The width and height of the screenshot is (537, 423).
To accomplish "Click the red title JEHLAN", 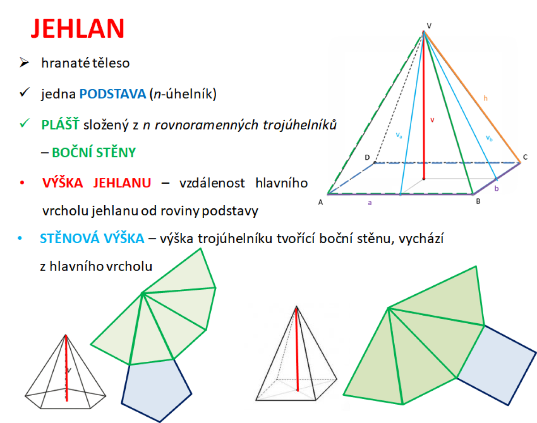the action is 77,29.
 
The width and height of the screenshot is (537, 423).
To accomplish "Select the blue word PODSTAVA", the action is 112,94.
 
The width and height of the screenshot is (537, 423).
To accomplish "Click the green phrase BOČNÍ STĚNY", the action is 94,152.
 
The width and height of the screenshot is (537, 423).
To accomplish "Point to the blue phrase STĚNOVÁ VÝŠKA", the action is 92,238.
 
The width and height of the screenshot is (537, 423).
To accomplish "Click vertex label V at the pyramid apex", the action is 429,25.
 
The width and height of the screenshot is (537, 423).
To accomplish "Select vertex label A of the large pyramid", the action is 321,202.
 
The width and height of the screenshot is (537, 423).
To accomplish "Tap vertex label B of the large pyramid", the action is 478,201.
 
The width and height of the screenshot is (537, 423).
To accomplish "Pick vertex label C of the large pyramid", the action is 525,157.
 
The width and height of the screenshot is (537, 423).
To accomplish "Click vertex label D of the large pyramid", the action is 367,157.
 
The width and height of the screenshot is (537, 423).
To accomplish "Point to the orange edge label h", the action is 486,98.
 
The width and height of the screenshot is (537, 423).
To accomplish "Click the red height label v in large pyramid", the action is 432,120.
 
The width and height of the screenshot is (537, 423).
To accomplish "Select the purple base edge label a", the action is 370,203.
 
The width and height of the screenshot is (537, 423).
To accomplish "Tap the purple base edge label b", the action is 497,189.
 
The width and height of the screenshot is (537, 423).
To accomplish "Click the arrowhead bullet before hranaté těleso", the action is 24,62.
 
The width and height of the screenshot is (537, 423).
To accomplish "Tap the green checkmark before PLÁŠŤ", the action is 25,123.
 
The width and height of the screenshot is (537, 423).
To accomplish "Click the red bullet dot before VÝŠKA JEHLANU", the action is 22,183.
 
